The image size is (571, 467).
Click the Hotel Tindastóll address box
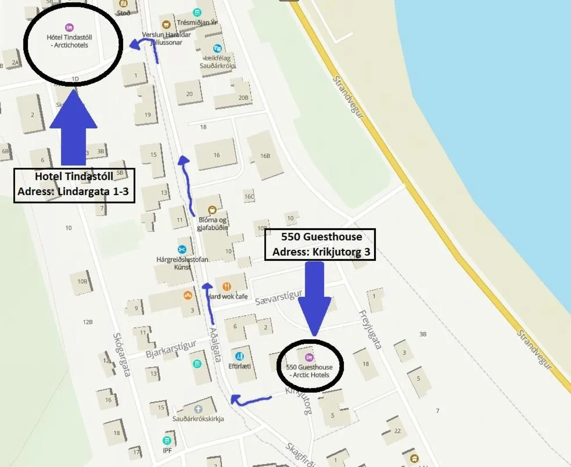coord(74,185)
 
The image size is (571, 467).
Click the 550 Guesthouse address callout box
coord(321,244)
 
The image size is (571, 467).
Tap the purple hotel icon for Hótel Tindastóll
coord(69,27)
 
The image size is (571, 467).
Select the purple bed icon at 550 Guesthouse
coord(308,357)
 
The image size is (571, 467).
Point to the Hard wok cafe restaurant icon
coord(227,286)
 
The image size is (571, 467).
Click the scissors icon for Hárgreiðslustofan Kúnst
coord(182,249)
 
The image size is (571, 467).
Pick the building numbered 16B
coord(265,155)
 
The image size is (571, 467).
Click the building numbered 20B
coord(243,98)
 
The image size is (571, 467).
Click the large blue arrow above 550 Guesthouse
coord(314,297)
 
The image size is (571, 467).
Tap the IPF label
coord(167,450)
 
